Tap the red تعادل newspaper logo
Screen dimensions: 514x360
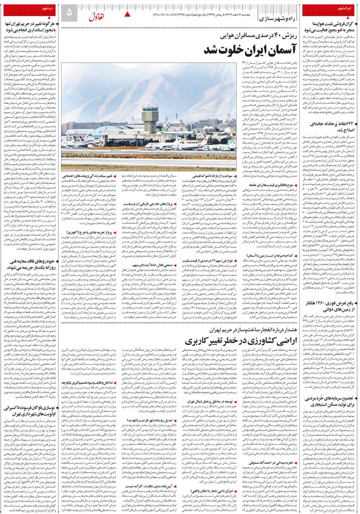[x=98, y=12]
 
